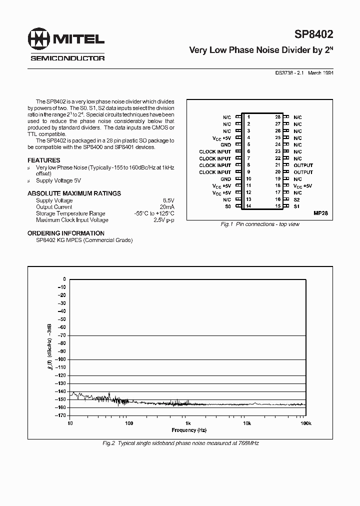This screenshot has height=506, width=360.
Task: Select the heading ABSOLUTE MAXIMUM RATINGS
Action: click(x=74, y=193)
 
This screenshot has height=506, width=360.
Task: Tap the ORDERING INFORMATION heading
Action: click(x=65, y=233)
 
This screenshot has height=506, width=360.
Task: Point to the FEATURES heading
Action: click(x=43, y=160)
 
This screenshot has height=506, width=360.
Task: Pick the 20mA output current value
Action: click(x=166, y=207)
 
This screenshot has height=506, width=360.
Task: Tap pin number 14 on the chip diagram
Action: click(x=248, y=206)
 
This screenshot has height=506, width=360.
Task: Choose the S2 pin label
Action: click(x=296, y=199)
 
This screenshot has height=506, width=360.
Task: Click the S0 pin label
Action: click(x=227, y=206)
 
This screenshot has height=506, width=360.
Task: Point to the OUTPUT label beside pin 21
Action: click(x=303, y=165)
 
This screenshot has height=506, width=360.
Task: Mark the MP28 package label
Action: click(x=320, y=213)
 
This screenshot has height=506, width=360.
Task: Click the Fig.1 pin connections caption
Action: click(x=260, y=224)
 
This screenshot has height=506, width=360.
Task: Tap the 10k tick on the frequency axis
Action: click(x=246, y=423)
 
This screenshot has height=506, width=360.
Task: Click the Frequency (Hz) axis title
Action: click(x=188, y=430)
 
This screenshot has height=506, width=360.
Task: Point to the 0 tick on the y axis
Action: click(x=64, y=279)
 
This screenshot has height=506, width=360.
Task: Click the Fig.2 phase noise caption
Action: click(x=180, y=443)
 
